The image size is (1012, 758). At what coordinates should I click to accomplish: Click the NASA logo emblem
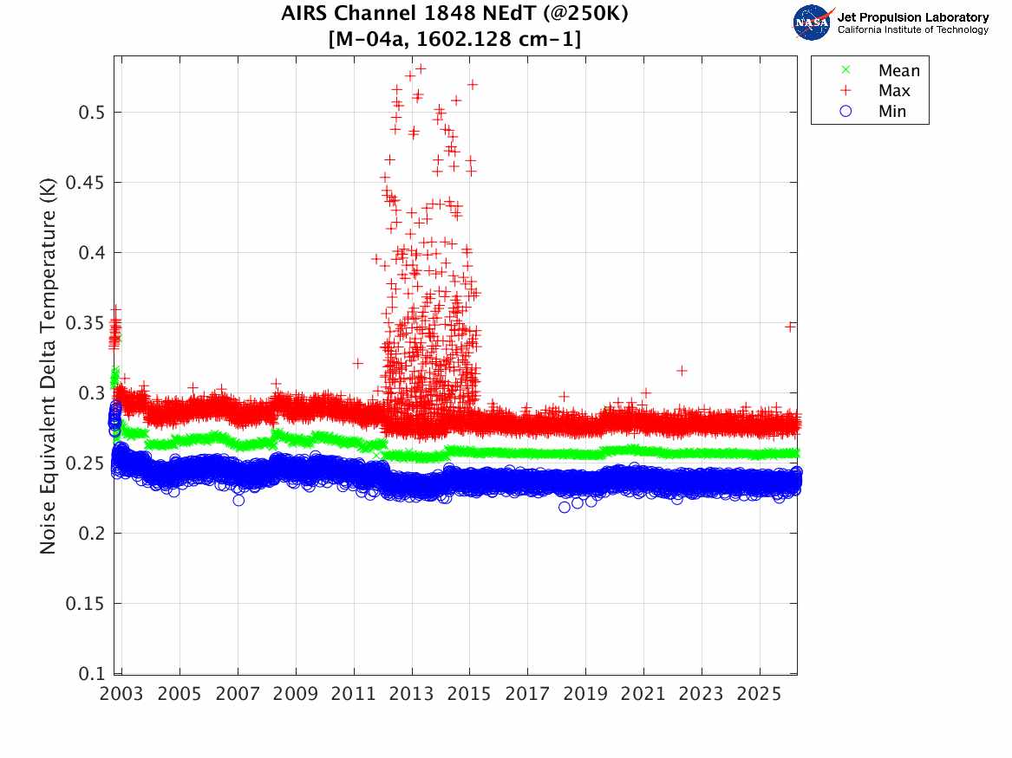coord(813,23)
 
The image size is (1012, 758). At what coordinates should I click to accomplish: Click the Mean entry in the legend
coord(898,71)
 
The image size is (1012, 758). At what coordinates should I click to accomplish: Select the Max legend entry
coord(893,91)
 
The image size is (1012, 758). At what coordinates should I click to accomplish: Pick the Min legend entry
coord(891,112)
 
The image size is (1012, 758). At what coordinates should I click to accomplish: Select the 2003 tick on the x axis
coord(122,693)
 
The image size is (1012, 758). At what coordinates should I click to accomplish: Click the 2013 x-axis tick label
coord(412,693)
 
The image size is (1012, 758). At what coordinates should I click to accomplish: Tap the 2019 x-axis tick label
coord(585,693)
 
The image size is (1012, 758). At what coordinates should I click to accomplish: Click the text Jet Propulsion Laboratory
coord(912,17)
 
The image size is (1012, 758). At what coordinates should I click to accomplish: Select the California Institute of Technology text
coord(912,30)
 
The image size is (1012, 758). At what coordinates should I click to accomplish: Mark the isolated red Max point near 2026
coord(790,327)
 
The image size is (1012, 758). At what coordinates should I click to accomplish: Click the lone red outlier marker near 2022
coord(682,371)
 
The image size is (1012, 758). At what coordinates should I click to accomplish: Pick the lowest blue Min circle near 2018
coord(565,507)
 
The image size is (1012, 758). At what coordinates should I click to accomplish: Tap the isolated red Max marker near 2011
coord(357,363)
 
